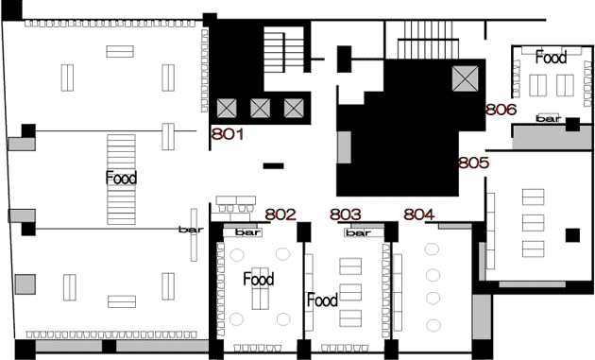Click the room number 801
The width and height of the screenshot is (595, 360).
click(228, 134)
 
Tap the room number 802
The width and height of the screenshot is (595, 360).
click(280, 214)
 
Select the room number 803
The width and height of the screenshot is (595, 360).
click(346, 214)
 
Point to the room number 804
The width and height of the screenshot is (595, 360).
click(419, 214)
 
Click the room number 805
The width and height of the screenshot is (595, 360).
click(473, 163)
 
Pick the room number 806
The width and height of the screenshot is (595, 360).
click(501, 110)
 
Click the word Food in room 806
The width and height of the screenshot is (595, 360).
click(551, 58)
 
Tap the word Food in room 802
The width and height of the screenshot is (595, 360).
click(259, 279)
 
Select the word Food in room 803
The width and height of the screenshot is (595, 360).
click(322, 300)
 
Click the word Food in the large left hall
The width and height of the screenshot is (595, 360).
click(121, 178)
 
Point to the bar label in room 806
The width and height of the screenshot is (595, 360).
click(549, 118)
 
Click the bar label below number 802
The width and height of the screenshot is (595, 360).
click(247, 232)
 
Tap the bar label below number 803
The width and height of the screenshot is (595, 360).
click(359, 232)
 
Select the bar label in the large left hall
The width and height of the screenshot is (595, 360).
click(191, 230)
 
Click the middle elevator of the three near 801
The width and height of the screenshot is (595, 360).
click(261, 109)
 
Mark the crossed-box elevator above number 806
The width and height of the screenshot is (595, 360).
click(466, 78)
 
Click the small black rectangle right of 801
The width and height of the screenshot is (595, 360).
click(274, 166)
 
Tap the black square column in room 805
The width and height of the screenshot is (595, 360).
click(572, 235)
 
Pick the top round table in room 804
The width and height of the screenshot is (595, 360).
click(432, 249)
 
